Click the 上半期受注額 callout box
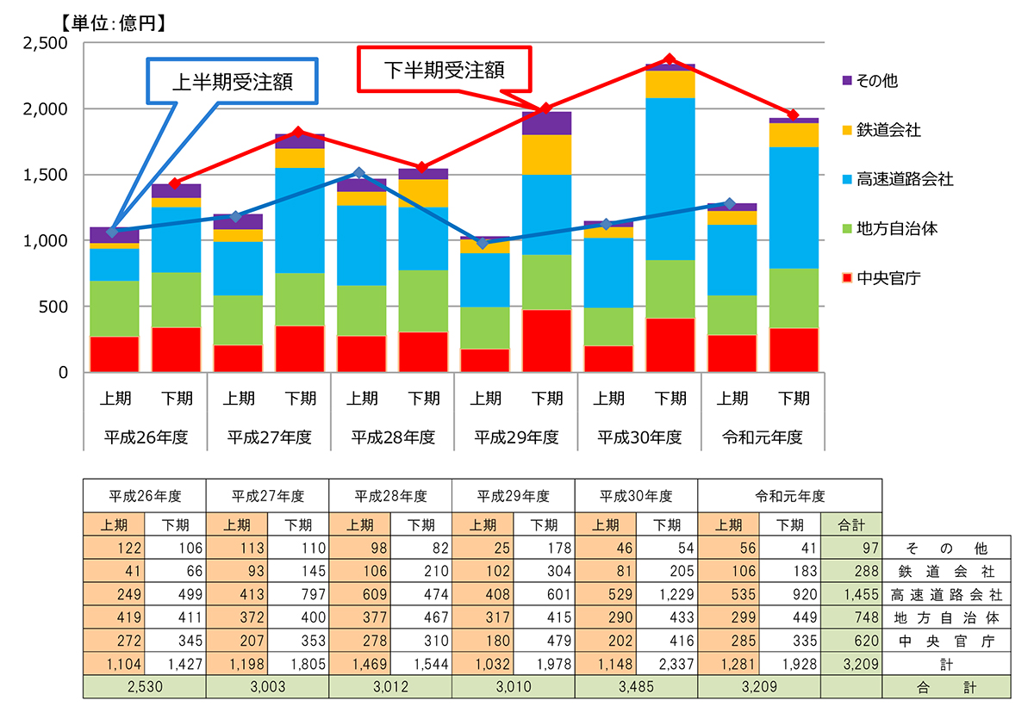click(233, 81)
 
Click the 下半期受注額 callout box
click(444, 70)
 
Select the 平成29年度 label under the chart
click(516, 437)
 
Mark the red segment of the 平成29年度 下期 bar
click(547, 340)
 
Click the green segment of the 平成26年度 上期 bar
click(115, 308)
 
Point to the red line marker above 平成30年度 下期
click(670, 59)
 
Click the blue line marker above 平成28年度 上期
click(360, 173)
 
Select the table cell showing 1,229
click(667, 595)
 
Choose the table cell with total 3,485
click(637, 687)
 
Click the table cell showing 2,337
click(667, 664)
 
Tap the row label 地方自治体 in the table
click(945, 617)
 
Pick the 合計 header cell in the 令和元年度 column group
click(851, 525)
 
